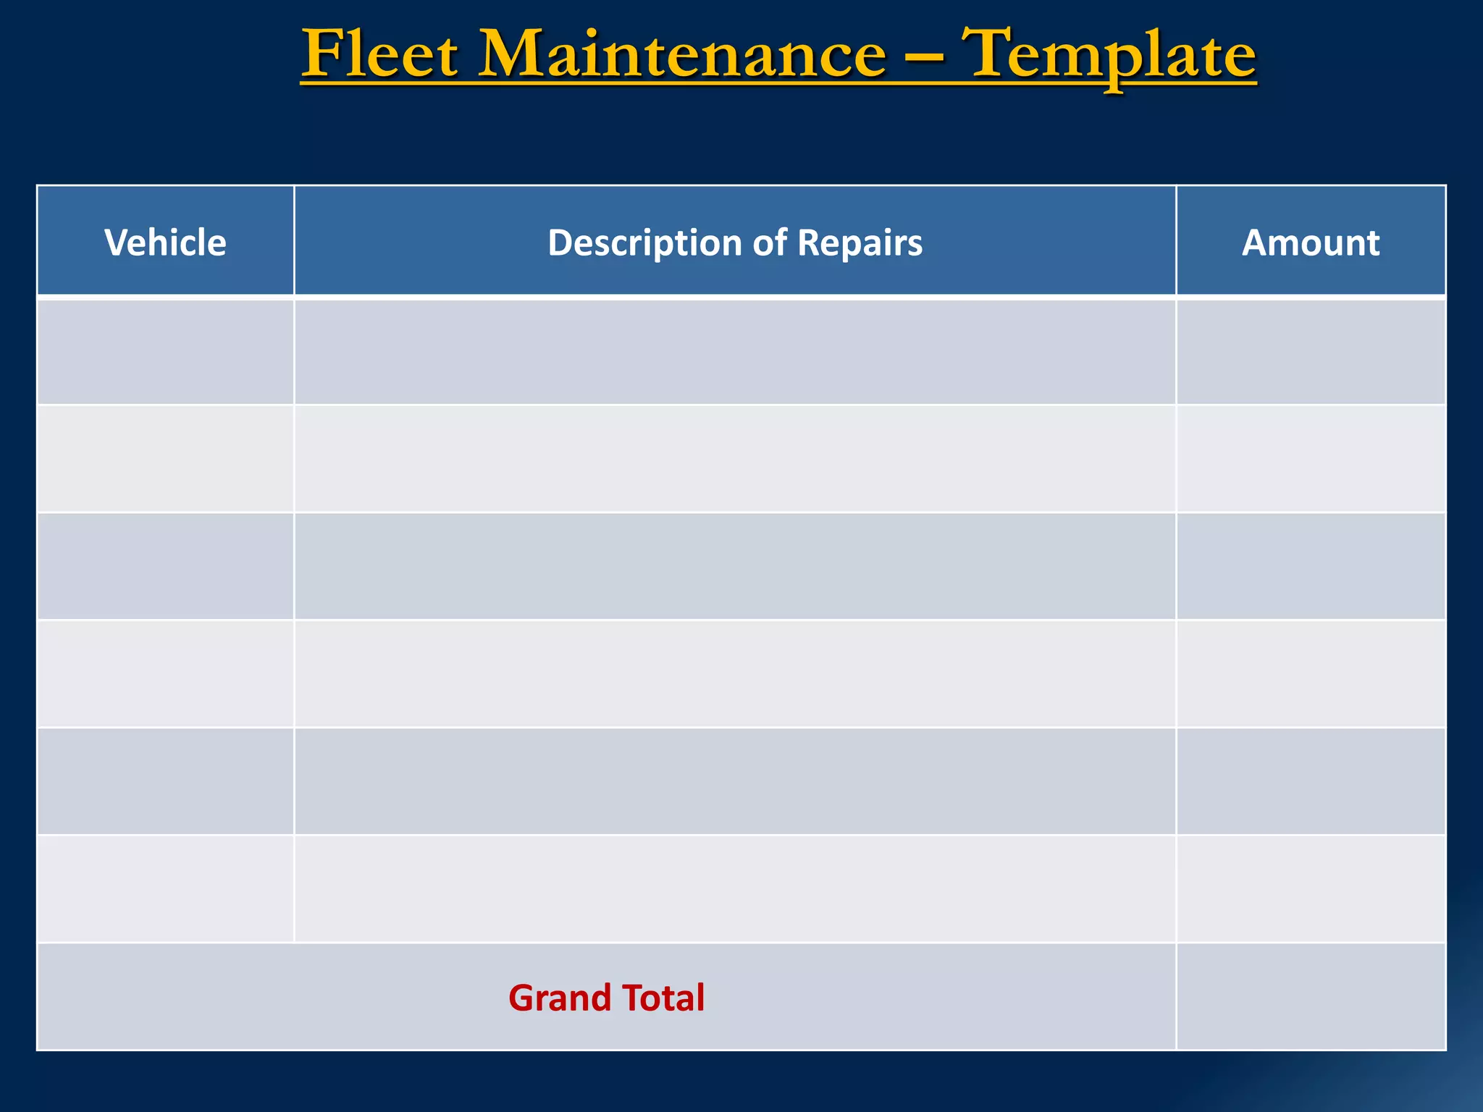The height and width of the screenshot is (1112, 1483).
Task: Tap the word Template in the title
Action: (x=1112, y=54)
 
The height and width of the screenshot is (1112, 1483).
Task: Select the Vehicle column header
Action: (x=165, y=243)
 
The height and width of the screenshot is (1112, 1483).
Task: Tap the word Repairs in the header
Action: (x=860, y=243)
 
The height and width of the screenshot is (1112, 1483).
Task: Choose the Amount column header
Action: (x=1311, y=243)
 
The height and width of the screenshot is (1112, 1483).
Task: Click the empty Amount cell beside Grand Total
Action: (x=1311, y=997)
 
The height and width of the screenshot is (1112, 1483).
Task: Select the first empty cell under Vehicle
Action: (x=165, y=351)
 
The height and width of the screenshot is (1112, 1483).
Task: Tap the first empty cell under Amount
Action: (x=1311, y=351)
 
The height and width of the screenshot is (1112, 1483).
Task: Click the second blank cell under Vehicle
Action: (x=165, y=459)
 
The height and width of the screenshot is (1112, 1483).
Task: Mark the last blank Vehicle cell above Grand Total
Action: (x=165, y=889)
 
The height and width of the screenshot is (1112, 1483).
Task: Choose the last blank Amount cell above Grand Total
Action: (x=1311, y=889)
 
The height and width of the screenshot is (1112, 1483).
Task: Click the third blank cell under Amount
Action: (x=1311, y=566)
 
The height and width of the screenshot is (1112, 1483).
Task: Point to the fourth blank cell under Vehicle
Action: (x=165, y=673)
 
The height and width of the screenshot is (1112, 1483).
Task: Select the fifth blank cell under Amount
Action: (x=1311, y=781)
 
